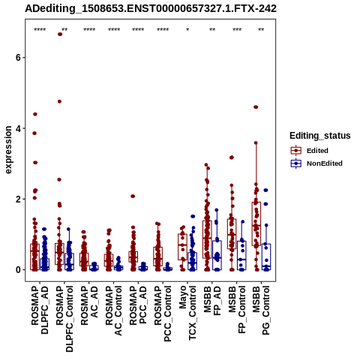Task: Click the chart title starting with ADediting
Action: pos(151,9)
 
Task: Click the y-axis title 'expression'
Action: pos(8,150)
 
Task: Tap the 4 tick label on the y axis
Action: pos(18,128)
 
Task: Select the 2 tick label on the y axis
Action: pos(18,199)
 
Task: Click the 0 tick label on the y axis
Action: pos(18,270)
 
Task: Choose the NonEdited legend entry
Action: pos(316,163)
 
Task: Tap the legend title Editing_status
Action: pos(320,136)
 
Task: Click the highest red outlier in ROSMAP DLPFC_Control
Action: pos(60,34)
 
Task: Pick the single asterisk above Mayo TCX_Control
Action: pos(187,30)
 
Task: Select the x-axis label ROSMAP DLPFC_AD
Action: pos(40,310)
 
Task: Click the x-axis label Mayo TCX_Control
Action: pos(187,313)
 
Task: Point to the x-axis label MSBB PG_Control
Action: pos(261,310)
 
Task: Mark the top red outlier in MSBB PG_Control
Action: pos(256,107)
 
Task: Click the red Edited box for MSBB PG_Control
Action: pos(256,223)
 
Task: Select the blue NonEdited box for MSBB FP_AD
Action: pos(217,255)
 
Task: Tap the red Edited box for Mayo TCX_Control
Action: pos(182,247)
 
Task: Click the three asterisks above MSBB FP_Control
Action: pos(237,30)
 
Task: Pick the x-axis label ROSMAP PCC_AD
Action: pos(138,305)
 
